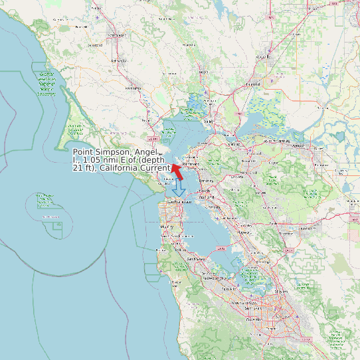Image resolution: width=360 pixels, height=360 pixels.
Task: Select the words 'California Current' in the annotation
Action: [x=135, y=168]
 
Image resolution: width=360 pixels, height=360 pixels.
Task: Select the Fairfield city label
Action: [x=252, y=84]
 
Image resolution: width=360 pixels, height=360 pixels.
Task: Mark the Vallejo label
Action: [x=209, y=122]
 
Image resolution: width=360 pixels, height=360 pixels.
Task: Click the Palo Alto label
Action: [x=229, y=289]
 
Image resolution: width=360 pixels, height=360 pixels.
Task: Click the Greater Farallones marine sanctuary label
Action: [x=46, y=83]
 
